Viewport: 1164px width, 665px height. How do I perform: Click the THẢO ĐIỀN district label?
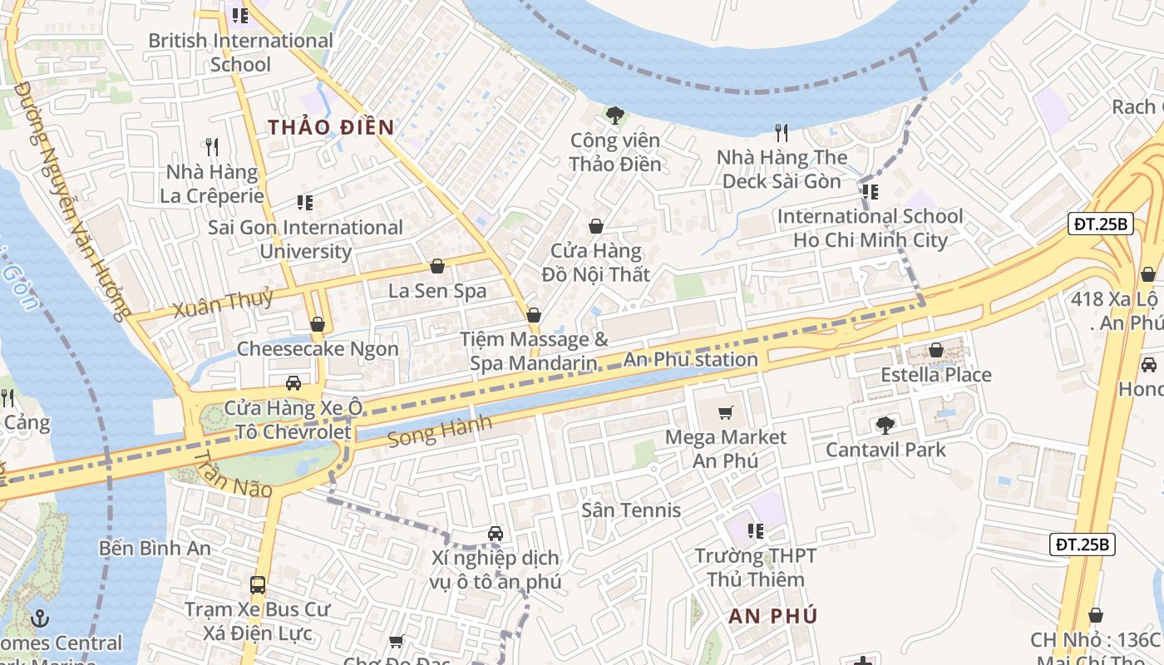(x=330, y=127)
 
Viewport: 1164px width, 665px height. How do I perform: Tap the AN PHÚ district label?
(x=772, y=616)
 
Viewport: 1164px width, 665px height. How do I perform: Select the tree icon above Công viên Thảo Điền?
(x=615, y=116)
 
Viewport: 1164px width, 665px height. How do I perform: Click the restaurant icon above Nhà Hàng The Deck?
(x=781, y=132)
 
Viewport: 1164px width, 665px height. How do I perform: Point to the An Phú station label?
(x=690, y=360)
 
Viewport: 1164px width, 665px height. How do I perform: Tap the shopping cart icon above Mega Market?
(x=726, y=412)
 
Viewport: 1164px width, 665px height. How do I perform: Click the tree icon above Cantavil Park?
(x=885, y=426)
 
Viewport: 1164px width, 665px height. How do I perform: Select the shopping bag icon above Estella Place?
(x=936, y=350)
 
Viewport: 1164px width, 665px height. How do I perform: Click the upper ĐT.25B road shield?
(x=1101, y=224)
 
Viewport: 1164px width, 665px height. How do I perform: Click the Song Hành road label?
(x=441, y=431)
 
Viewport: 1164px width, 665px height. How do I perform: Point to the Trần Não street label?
(x=234, y=476)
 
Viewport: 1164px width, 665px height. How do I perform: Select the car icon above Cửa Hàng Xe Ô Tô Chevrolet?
(x=293, y=383)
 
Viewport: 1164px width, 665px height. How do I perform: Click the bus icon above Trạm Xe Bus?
(x=258, y=584)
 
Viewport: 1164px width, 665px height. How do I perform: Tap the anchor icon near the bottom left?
(x=39, y=618)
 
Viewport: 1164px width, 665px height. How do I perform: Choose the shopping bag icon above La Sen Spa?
(x=437, y=266)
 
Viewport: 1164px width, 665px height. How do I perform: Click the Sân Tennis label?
(x=631, y=510)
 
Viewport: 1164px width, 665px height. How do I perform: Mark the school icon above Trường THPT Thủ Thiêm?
(x=755, y=530)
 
